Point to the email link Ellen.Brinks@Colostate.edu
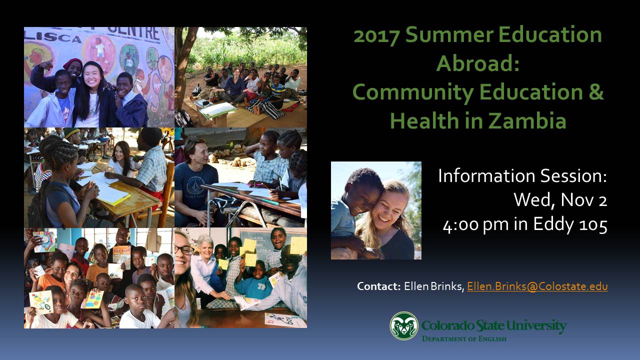(x=537, y=286)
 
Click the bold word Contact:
(x=378, y=286)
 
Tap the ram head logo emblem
(x=404, y=325)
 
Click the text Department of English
(x=464, y=339)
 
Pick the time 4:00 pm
(x=475, y=225)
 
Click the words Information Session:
(x=522, y=175)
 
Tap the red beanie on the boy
(x=73, y=63)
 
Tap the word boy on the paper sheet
(x=288, y=320)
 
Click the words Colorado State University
(x=494, y=325)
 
